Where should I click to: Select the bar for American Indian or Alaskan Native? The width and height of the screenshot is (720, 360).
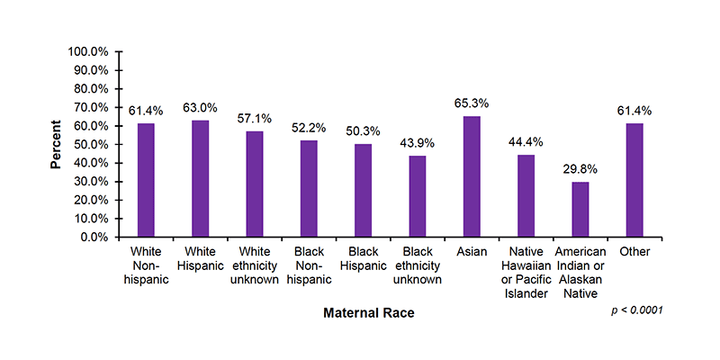[580, 210]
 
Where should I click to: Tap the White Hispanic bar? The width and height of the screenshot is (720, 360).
[200, 178]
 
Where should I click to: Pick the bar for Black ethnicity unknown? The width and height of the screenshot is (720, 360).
[418, 196]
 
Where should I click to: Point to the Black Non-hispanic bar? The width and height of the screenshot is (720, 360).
[309, 189]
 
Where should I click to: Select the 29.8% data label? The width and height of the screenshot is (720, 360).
[580, 169]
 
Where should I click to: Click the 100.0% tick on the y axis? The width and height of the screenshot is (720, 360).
[88, 51]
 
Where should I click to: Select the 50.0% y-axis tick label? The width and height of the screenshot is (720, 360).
[91, 144]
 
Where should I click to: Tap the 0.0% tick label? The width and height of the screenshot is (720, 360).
[94, 238]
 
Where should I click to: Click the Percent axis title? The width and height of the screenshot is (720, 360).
[56, 144]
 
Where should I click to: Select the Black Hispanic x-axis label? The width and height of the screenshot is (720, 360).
[364, 259]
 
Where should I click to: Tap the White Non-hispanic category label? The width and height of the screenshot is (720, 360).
[146, 265]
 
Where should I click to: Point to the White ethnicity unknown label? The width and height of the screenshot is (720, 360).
[255, 265]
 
